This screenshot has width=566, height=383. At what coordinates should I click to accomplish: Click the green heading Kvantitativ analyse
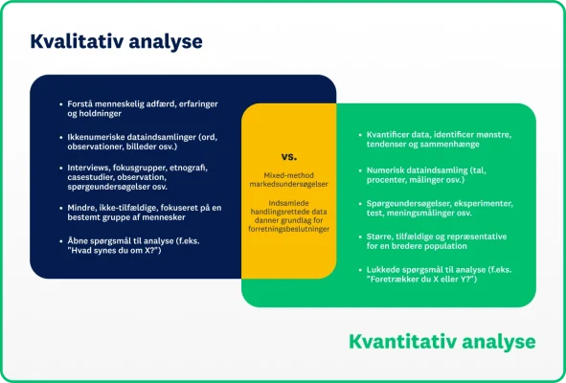[441, 341]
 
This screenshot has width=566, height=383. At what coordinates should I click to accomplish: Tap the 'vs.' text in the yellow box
[288, 155]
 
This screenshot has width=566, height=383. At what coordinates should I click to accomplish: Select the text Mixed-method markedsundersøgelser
[288, 182]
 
